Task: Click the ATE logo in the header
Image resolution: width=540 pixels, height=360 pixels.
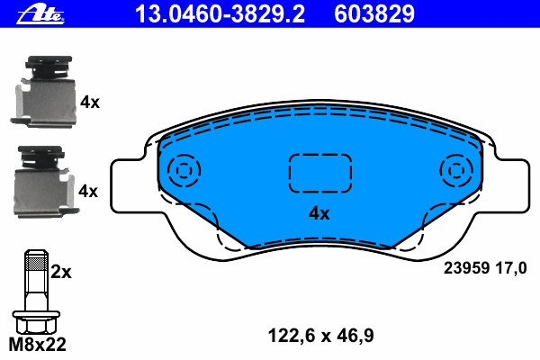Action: (40, 14)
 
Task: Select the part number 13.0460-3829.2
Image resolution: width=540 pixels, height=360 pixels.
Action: (220, 14)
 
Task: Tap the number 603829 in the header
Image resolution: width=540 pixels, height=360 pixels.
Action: (374, 14)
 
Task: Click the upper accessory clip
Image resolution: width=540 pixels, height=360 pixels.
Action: (43, 91)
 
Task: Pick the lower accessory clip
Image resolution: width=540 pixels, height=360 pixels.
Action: (46, 182)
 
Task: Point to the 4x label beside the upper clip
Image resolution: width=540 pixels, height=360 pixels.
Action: (89, 103)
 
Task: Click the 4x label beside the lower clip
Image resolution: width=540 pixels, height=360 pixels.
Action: (88, 191)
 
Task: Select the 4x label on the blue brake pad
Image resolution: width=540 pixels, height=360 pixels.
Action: (319, 213)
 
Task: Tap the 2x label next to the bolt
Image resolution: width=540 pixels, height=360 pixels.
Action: (61, 272)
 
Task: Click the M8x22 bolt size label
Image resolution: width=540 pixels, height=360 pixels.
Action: (37, 345)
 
